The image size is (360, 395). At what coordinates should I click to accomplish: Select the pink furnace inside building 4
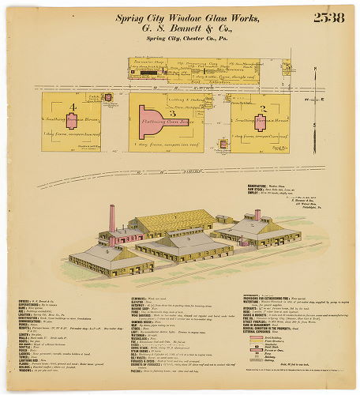click(x=72, y=121)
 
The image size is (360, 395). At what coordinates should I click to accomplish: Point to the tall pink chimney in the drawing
click(x=112, y=219)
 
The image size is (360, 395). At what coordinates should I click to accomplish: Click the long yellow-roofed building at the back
click(x=174, y=220)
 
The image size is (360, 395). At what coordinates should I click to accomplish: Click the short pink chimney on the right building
click(x=257, y=215)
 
